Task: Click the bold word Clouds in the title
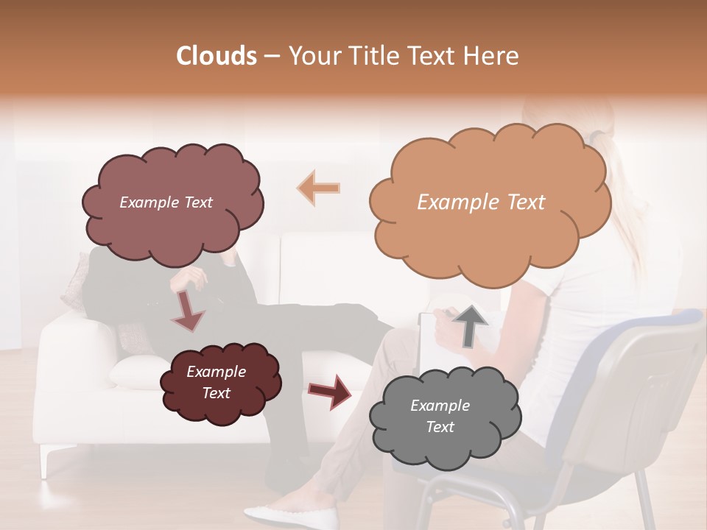tap(217, 56)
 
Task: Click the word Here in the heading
tap(493, 56)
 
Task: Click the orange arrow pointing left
tap(319, 188)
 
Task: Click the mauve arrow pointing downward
tap(187, 311)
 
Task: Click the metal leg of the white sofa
tap(49, 460)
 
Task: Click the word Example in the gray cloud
tap(440, 406)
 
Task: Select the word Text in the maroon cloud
tap(217, 393)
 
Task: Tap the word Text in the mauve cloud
tap(197, 202)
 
